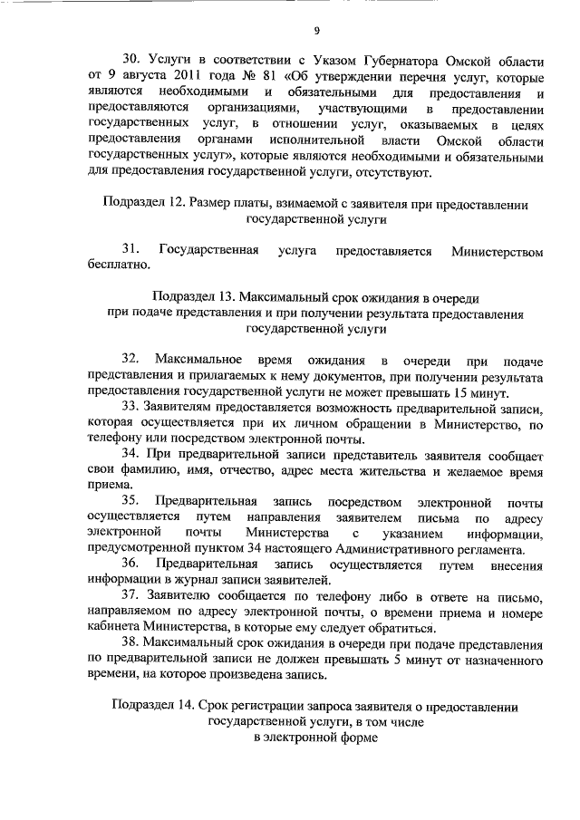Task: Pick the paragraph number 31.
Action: [x=130, y=250]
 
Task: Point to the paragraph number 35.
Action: [x=130, y=501]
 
